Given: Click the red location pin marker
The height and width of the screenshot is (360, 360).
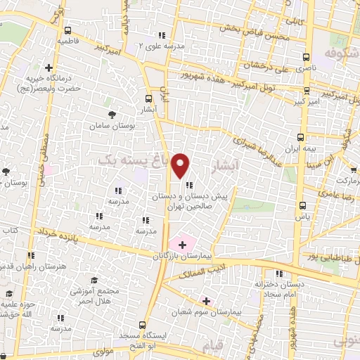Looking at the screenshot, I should click(181, 165).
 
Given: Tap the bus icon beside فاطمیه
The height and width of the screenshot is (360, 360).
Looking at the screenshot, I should click(67, 30).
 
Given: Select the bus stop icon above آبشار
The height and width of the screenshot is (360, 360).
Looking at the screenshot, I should click(148, 99).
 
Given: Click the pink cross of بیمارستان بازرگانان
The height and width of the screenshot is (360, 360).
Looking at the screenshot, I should click(183, 245).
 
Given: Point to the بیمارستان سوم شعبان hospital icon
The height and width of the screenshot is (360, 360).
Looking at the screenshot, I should click(205, 300).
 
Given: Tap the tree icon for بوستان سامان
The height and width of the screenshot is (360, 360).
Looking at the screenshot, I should click(111, 114).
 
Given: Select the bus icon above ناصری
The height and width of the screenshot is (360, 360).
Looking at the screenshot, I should click(305, 58).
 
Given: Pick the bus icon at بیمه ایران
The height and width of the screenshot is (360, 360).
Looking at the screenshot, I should click(300, 137).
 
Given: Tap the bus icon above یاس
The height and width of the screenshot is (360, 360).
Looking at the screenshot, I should click(303, 206).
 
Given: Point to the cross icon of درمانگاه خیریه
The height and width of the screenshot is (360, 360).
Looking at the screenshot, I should click(49, 67).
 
